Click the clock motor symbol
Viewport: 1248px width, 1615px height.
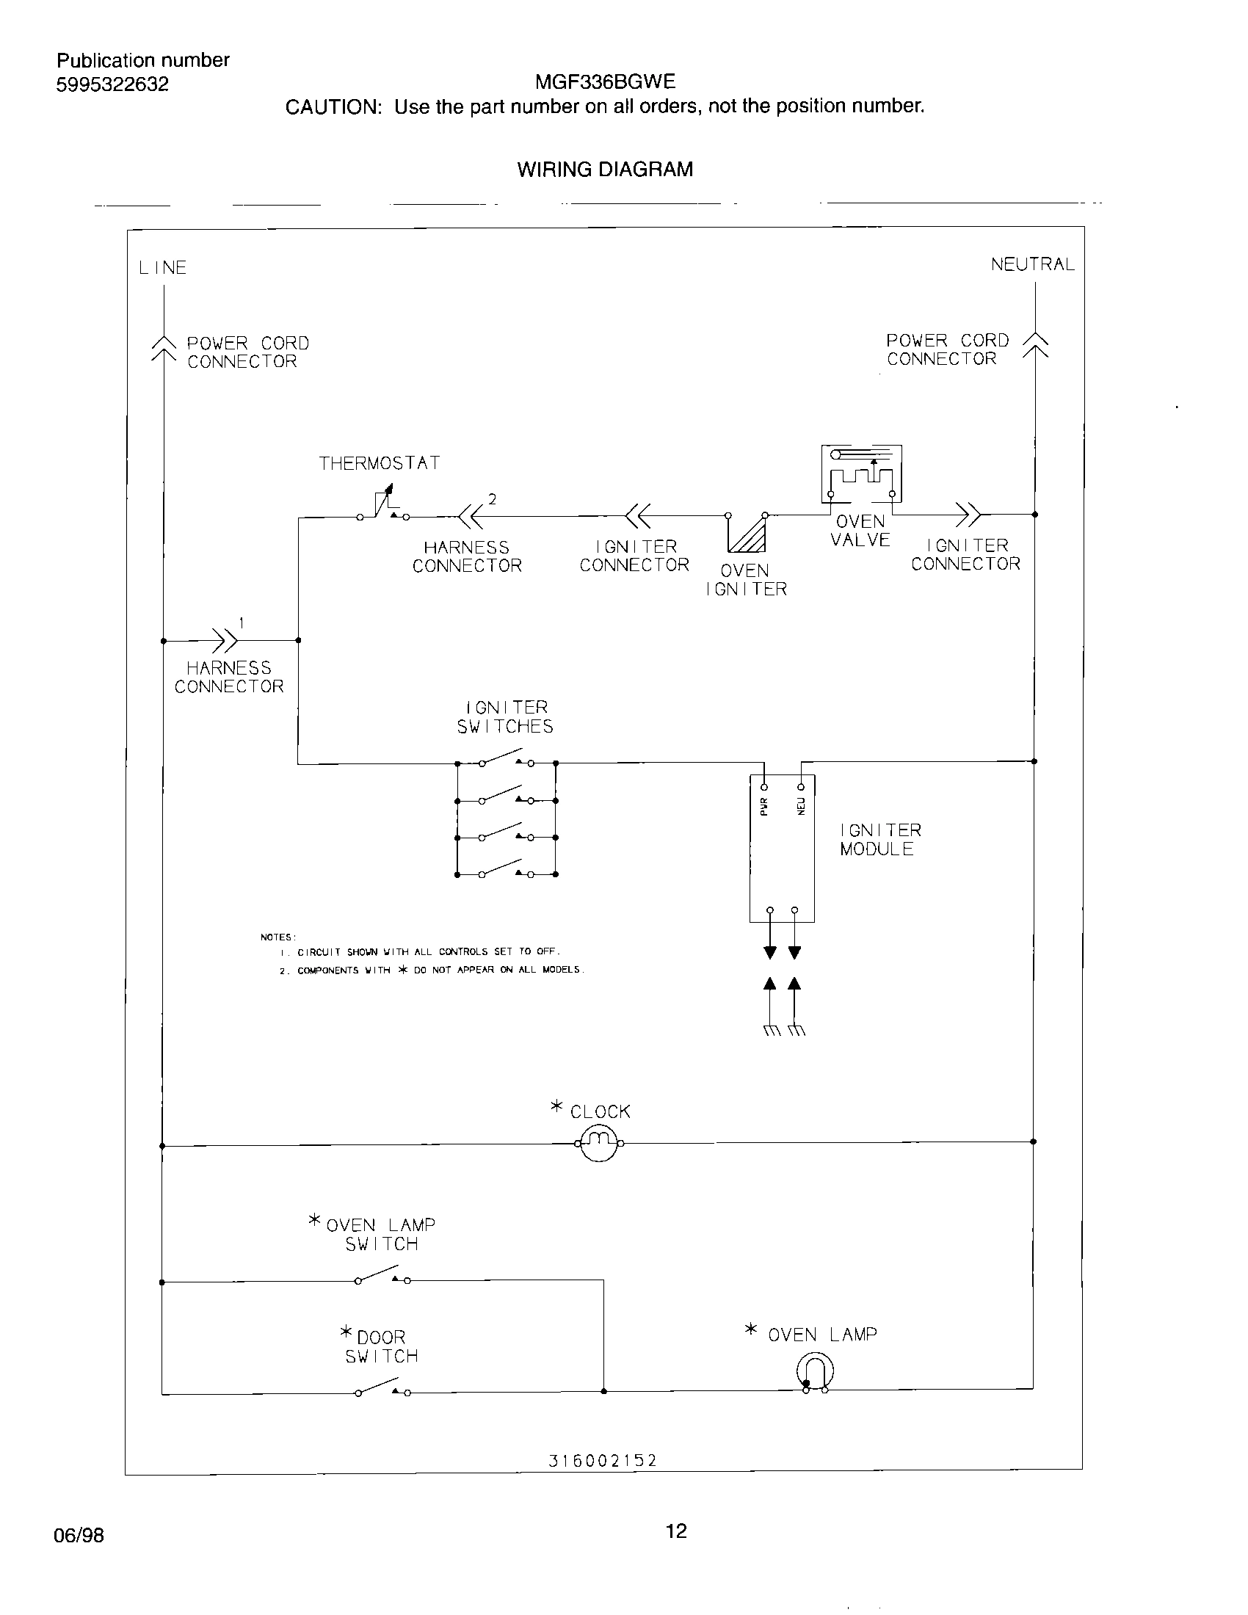(599, 1143)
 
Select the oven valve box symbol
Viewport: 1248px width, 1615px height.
(861, 474)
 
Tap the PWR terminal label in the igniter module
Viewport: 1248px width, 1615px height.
(764, 806)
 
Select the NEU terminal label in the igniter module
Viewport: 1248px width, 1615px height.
(800, 806)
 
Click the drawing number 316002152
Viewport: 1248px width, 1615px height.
(603, 1460)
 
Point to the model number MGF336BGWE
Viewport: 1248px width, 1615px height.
(605, 81)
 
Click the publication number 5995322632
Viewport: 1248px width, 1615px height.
(112, 84)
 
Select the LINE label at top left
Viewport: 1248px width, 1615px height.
(163, 268)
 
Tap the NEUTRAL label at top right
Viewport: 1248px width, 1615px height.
(1032, 265)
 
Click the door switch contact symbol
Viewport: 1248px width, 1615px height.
(382, 1388)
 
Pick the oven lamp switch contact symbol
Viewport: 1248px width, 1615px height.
(382, 1276)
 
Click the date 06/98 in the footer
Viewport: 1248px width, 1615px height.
(79, 1535)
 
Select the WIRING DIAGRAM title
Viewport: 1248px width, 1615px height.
(605, 170)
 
